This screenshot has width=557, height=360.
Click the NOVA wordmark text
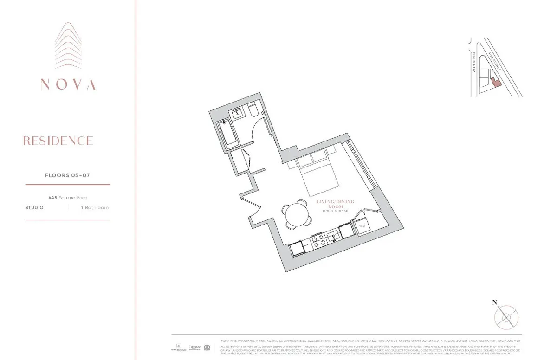(68, 84)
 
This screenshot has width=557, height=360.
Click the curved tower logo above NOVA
(68, 46)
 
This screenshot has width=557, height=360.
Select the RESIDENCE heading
(58, 141)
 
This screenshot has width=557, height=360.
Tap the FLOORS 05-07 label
(67, 175)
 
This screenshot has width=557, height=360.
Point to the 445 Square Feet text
(68, 198)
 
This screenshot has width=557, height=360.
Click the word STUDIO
(34, 208)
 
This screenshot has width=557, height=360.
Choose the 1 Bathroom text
(95, 208)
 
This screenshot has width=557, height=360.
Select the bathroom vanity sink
(238, 112)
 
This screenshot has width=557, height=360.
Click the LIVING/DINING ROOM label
(335, 205)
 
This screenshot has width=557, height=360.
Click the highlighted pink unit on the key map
(496, 83)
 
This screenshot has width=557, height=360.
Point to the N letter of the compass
(495, 302)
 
